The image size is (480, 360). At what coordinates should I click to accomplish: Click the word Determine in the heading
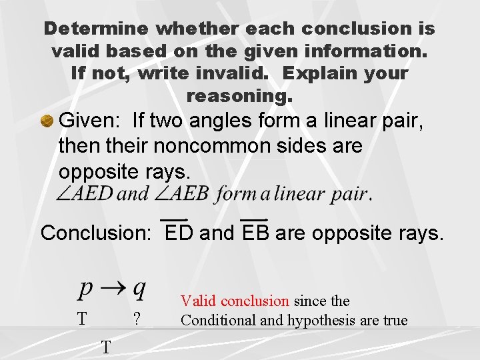97,29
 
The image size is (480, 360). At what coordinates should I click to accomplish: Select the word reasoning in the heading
239,96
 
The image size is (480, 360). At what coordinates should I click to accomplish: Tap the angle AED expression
85,194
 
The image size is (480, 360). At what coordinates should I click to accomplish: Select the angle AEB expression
181,194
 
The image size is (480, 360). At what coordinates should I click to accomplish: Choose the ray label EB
255,233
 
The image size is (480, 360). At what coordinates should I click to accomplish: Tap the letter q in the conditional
139,289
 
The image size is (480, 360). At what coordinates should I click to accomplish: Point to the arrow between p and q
112,289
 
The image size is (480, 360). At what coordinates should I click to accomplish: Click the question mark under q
136,319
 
